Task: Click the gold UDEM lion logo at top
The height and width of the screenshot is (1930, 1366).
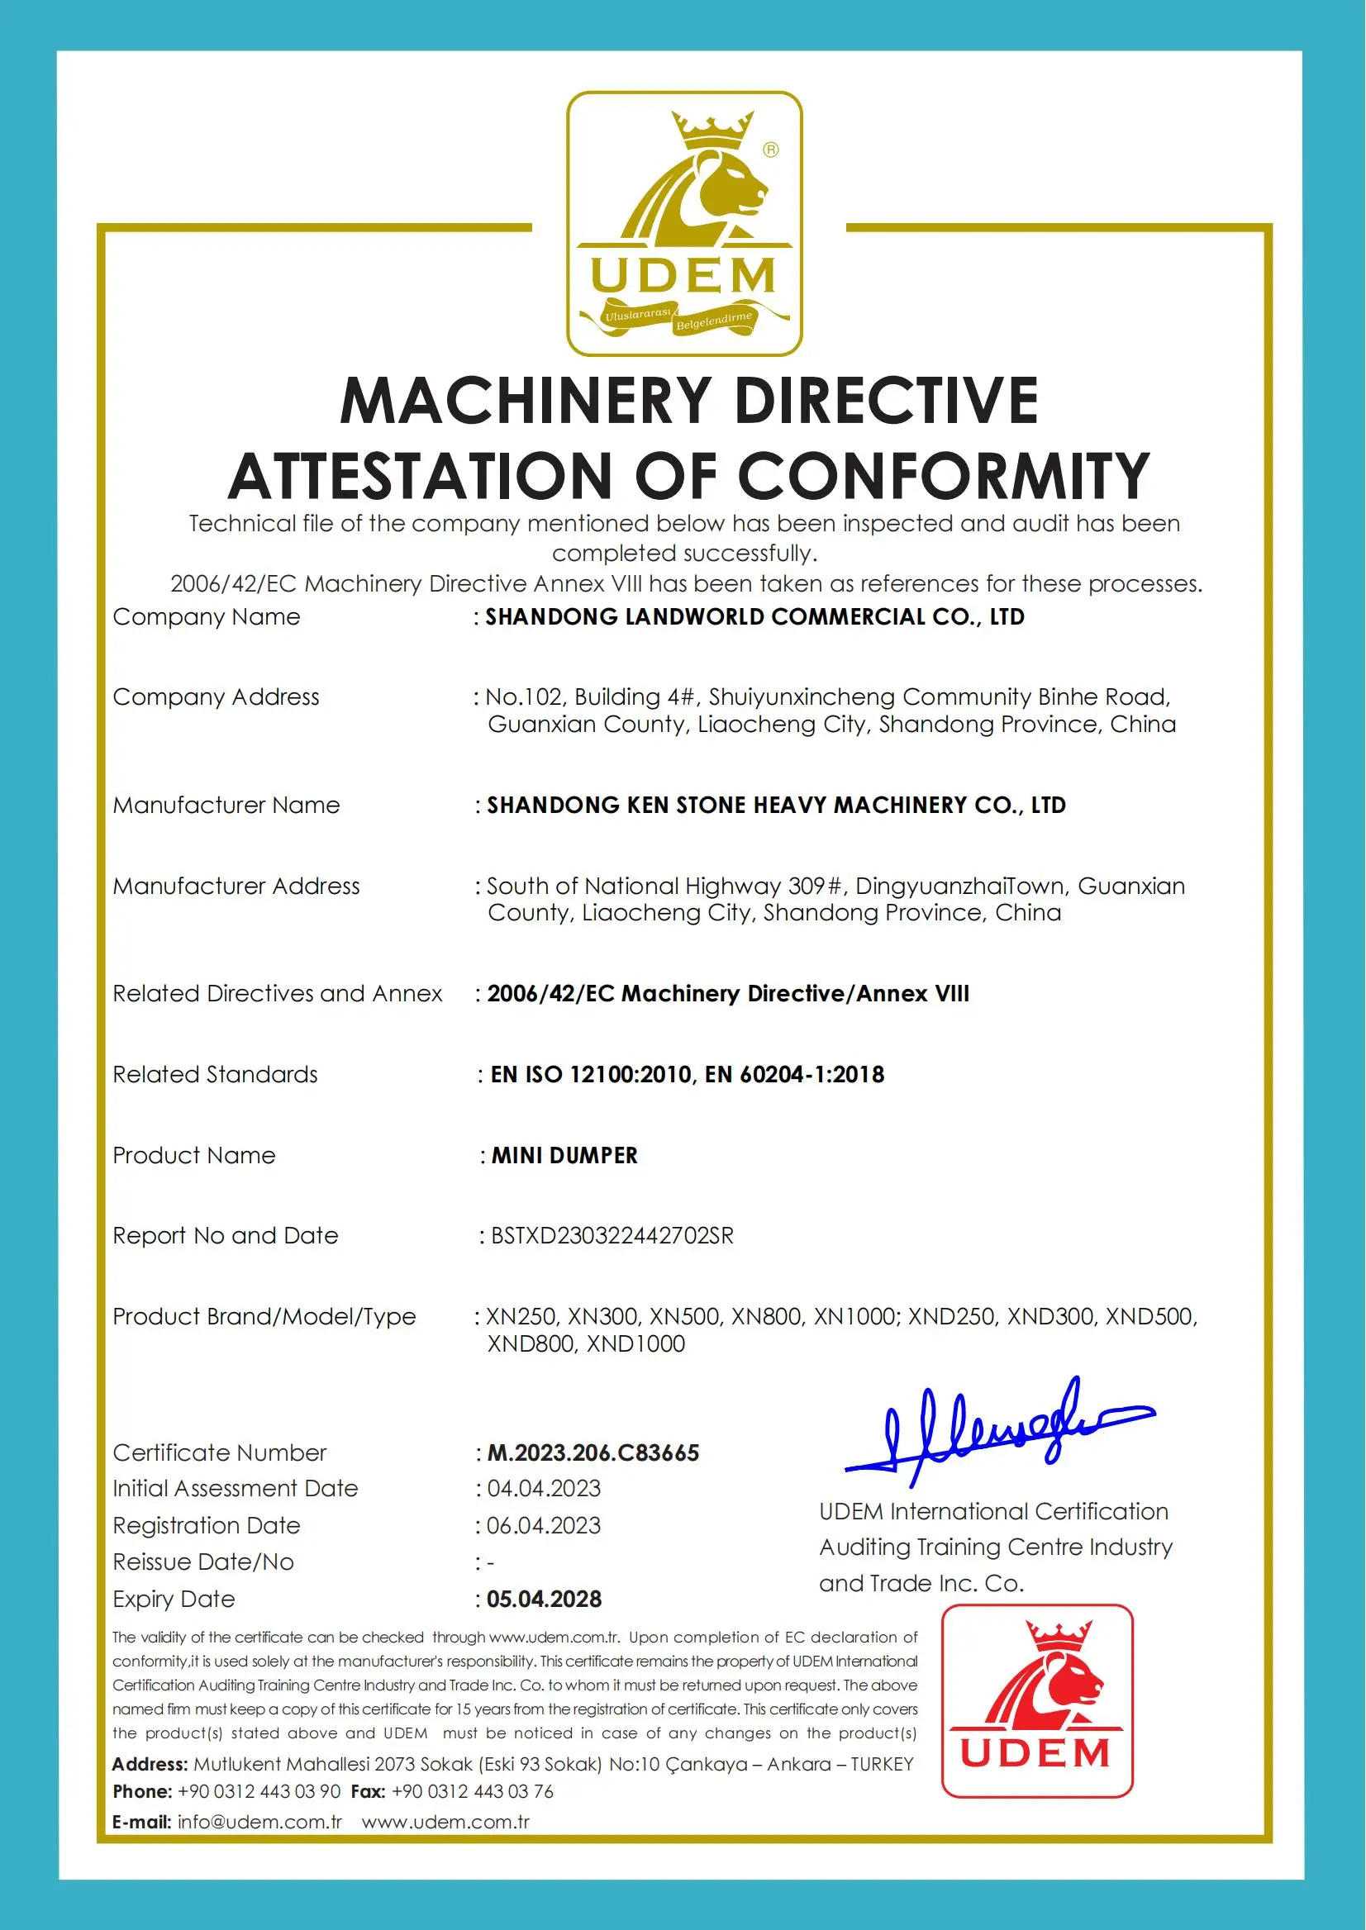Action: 684,223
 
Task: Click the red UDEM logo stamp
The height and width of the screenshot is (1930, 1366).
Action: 1036,1700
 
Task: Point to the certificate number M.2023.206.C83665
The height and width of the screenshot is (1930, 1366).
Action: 593,1453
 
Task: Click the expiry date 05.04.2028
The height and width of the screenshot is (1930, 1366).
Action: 545,1599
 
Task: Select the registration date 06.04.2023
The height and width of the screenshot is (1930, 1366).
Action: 545,1525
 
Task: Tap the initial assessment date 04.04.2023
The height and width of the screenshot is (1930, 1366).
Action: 545,1489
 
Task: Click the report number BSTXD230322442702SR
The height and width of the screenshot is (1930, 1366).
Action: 612,1235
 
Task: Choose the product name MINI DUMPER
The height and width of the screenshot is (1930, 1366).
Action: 564,1156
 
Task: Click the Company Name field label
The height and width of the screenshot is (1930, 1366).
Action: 206,616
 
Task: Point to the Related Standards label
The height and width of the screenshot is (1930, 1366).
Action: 216,1075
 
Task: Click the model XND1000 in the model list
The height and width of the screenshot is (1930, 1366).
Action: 636,1344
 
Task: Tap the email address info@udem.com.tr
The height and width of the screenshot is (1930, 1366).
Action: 259,1823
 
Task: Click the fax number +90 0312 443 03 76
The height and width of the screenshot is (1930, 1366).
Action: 473,1791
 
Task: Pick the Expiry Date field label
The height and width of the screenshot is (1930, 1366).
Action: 174,1599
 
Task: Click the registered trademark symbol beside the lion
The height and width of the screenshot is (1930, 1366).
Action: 770,150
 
